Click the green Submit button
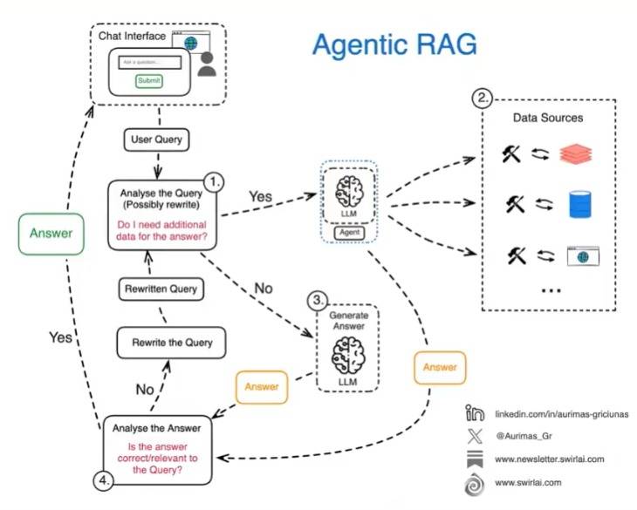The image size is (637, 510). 149,81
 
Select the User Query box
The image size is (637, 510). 159,139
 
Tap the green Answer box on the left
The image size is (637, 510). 51,233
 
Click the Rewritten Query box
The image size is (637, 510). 159,289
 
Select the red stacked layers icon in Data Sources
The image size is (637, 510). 576,155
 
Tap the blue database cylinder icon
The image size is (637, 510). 579,205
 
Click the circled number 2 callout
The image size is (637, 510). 483,98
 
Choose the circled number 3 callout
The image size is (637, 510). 318,300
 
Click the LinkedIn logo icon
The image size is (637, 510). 475,413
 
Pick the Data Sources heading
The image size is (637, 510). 548,118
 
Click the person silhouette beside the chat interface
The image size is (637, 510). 207,64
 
